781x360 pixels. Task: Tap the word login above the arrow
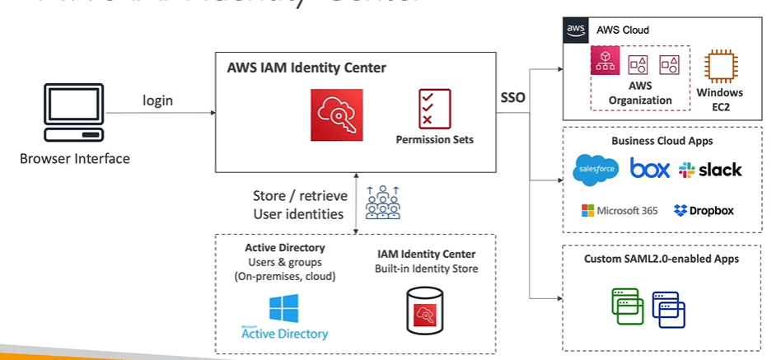(157, 101)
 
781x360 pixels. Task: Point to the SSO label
(513, 97)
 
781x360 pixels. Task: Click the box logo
(650, 169)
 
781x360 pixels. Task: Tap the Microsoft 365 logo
(619, 210)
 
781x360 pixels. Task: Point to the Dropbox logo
(704, 210)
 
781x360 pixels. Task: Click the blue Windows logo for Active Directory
(284, 308)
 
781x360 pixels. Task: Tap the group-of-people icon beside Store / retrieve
(383, 203)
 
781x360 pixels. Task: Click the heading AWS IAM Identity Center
(306, 68)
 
